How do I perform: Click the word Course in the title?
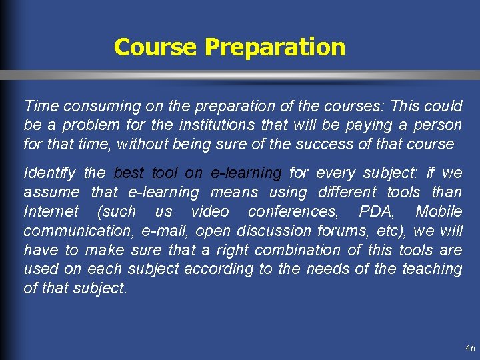pyautogui.click(x=156, y=47)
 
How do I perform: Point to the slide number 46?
pyautogui.click(x=470, y=348)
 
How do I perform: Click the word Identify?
pyautogui.click(x=49, y=173)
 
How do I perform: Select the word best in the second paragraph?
pyautogui.click(x=129, y=173)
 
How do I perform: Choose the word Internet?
pyautogui.click(x=51, y=212)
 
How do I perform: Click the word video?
pyautogui.click(x=209, y=212)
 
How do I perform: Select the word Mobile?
pyautogui.click(x=438, y=212)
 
